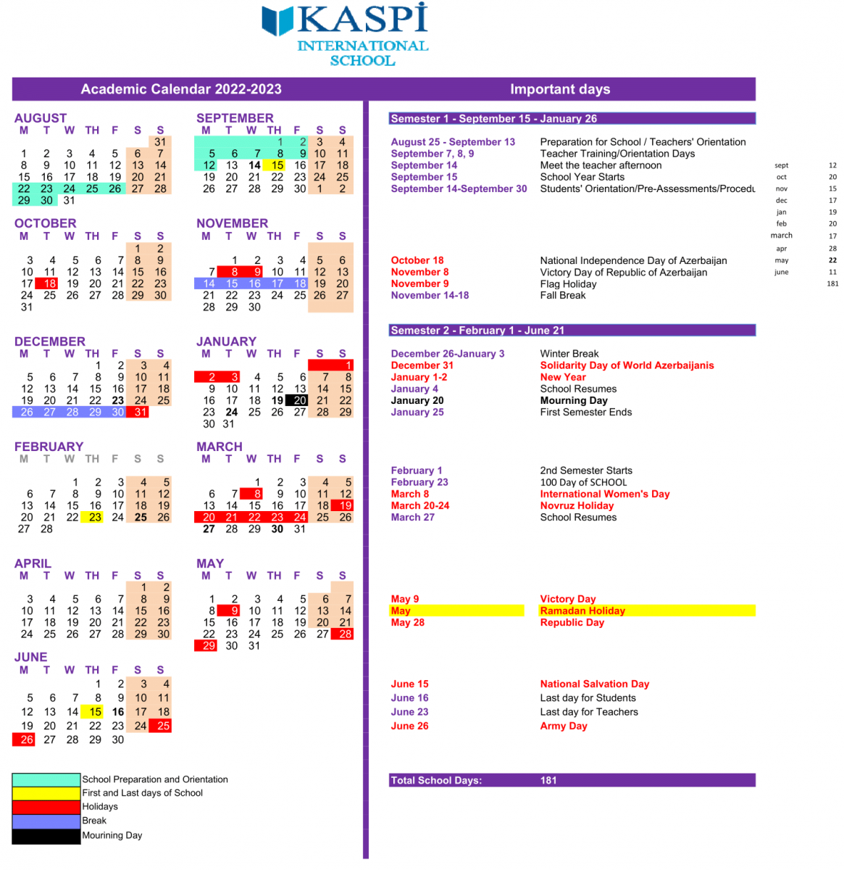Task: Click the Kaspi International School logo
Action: point(346,34)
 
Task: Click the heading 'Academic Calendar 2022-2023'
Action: point(181,89)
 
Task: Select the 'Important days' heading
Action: point(560,89)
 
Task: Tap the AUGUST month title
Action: point(41,118)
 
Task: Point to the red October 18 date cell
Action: point(49,283)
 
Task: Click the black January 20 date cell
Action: point(300,400)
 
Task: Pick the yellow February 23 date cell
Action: point(95,517)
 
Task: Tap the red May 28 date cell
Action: point(346,634)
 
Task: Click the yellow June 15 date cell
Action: point(95,712)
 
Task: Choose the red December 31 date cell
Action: point(141,412)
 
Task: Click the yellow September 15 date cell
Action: point(277,165)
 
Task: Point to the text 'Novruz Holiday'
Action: point(577,505)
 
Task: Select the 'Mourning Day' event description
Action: point(574,400)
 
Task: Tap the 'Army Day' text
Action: point(564,726)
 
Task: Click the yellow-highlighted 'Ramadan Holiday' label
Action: point(582,610)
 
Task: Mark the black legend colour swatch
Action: point(46,836)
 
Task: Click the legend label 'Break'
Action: point(94,821)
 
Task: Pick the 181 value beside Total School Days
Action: point(548,780)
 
